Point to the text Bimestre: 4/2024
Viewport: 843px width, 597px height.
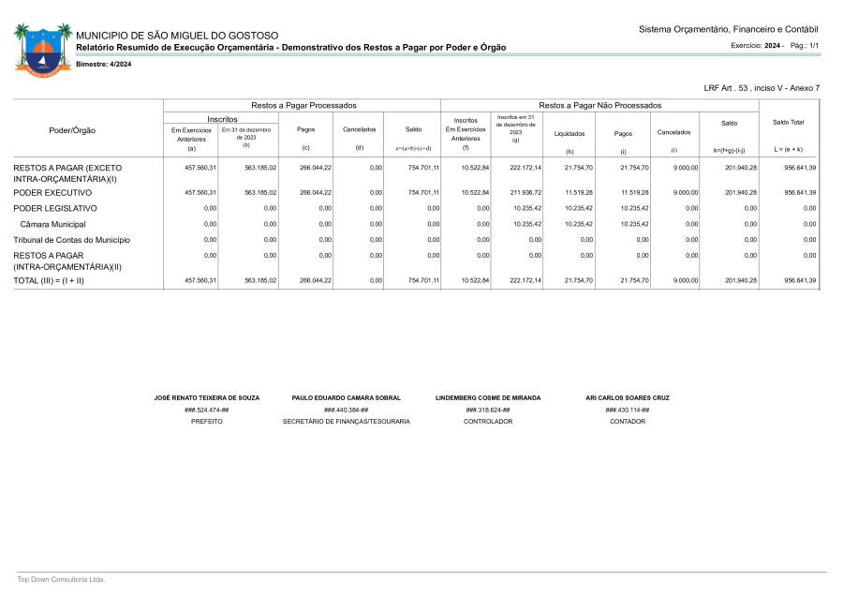(103, 64)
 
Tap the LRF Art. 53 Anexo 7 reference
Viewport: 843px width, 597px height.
(762, 88)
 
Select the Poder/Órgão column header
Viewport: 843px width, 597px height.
(72, 130)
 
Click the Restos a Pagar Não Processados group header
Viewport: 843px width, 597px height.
(599, 106)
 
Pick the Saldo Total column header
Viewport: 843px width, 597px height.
(788, 123)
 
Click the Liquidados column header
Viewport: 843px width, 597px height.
(569, 134)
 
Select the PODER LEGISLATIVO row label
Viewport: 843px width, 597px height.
(55, 208)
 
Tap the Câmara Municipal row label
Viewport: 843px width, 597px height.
(53, 224)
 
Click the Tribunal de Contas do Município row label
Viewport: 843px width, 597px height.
(71, 240)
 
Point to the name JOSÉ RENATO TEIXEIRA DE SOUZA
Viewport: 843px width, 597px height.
(206, 397)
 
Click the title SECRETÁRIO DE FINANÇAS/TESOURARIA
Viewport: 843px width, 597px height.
(346, 422)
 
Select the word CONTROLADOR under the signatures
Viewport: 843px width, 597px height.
(488, 422)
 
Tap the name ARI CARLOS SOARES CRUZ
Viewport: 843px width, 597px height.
(627, 397)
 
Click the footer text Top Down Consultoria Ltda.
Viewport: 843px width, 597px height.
(61, 579)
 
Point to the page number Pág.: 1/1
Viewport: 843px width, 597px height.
(805, 45)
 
